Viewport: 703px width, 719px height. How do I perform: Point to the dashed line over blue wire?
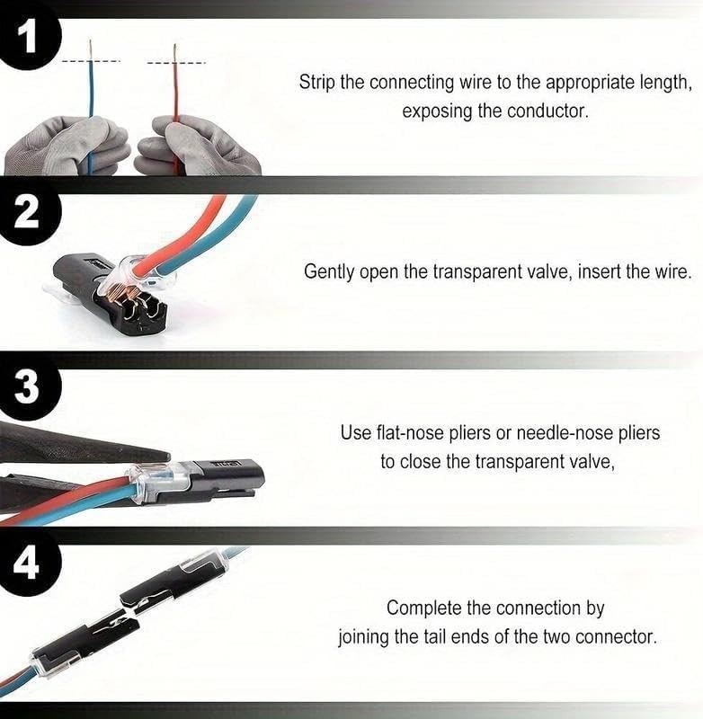91,60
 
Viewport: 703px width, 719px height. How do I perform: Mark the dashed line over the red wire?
176,63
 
